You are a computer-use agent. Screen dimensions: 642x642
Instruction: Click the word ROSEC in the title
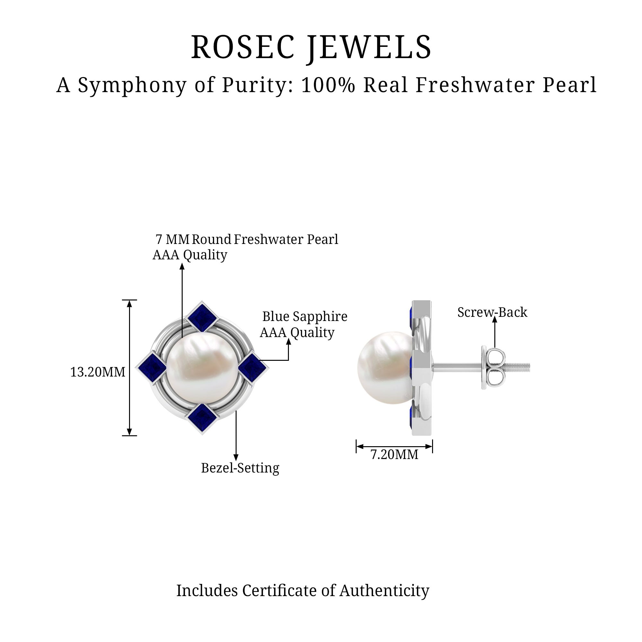(243, 47)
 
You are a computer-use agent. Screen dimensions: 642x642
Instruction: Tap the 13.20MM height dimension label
(98, 372)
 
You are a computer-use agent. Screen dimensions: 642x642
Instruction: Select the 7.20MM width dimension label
(394, 455)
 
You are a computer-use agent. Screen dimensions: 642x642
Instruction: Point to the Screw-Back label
(492, 312)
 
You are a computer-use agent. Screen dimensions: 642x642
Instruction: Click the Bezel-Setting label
(240, 468)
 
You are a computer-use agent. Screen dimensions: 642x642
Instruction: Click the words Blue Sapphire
(305, 317)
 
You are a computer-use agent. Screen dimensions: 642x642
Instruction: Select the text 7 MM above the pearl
(172, 239)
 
